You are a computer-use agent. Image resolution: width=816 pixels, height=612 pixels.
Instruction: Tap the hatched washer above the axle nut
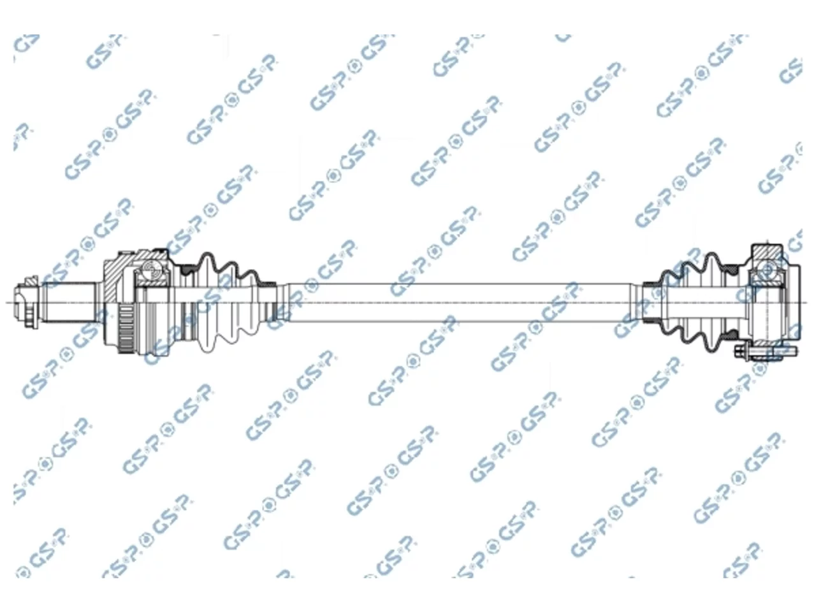pyautogui.click(x=31, y=282)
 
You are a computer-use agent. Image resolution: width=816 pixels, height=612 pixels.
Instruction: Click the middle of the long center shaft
pyautogui.click(x=458, y=302)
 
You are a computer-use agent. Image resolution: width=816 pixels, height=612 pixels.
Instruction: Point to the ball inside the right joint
pyautogui.click(x=766, y=270)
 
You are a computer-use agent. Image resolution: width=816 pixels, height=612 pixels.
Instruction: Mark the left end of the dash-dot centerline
pyautogui.click(x=6, y=302)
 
